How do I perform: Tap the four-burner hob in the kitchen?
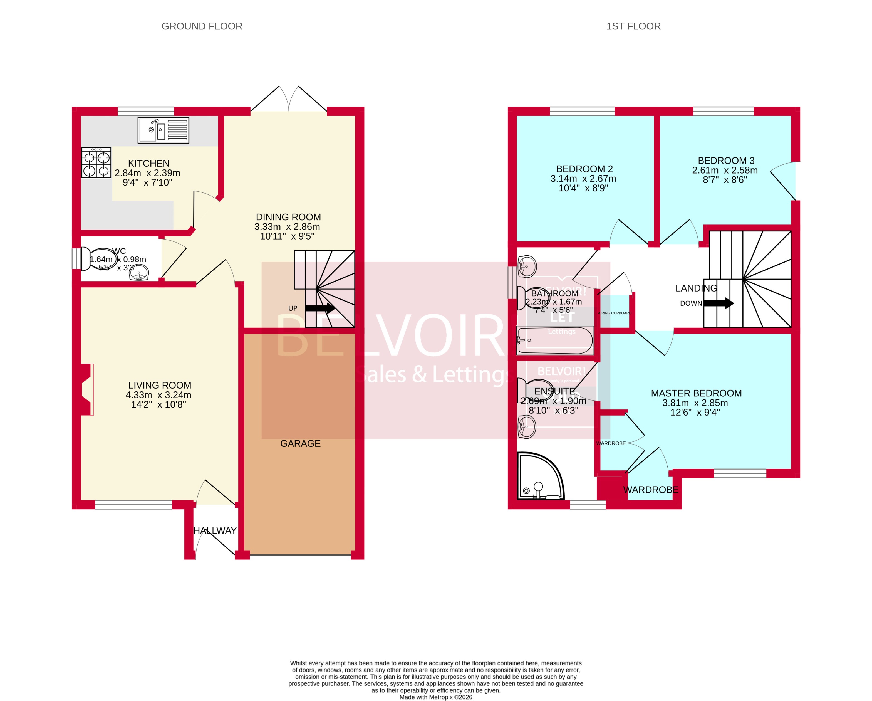coord(96,163)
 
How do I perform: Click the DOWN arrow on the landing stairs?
coord(719,303)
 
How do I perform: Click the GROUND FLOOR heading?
coord(202,26)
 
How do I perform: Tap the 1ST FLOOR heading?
coord(633,26)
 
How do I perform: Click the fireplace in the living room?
coord(87,389)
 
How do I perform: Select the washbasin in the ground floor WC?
coord(139,273)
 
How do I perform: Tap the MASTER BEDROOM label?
coord(696,393)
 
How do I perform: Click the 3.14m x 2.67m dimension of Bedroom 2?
coord(583,179)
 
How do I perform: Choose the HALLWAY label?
coord(215,530)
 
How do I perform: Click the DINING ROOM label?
coord(288,217)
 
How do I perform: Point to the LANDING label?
coord(696,288)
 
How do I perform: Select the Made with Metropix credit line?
coord(436,697)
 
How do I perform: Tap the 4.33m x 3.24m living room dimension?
coord(158,395)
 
